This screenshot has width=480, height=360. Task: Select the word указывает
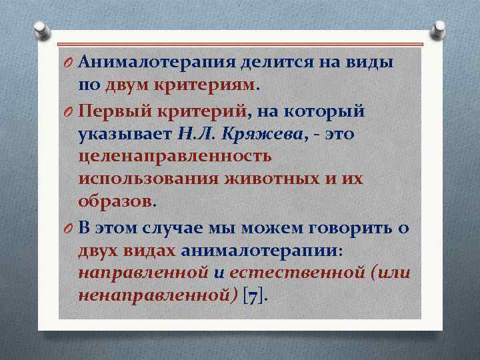pyautogui.click(x=125, y=133)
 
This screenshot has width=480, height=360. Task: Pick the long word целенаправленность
pyautogui.click(x=174, y=157)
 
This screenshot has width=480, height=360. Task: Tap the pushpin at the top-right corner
pyautogui.click(x=440, y=31)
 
